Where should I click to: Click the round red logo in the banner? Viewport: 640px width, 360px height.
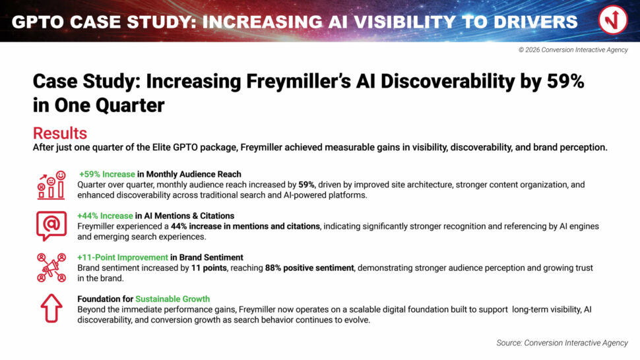coord(613,20)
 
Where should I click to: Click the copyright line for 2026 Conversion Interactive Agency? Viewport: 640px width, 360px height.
coord(573,49)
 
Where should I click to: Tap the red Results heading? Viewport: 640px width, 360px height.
coord(60,133)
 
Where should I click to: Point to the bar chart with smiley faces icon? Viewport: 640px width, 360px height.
coord(51,185)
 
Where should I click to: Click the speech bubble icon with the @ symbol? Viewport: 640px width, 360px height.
coord(51,225)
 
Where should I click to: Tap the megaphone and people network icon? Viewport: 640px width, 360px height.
coord(51,268)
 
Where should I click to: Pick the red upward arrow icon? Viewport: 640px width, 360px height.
coord(51,308)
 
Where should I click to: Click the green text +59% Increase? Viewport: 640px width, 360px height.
coord(107,174)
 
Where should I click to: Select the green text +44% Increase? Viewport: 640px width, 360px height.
coord(106,216)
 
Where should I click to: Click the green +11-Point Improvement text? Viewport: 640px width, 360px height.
coord(123,257)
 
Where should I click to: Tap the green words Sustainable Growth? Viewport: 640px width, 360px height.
coord(173,299)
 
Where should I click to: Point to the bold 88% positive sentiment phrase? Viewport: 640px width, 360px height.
coord(309,268)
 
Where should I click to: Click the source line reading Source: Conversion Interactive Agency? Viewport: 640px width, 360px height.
coord(562,343)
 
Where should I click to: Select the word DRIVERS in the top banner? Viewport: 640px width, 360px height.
coord(536,22)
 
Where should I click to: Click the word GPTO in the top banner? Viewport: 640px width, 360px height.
coord(38,22)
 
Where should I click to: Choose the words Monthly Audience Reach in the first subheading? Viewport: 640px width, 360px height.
coord(193,174)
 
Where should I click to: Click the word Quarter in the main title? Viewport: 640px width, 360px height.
coord(130,105)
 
